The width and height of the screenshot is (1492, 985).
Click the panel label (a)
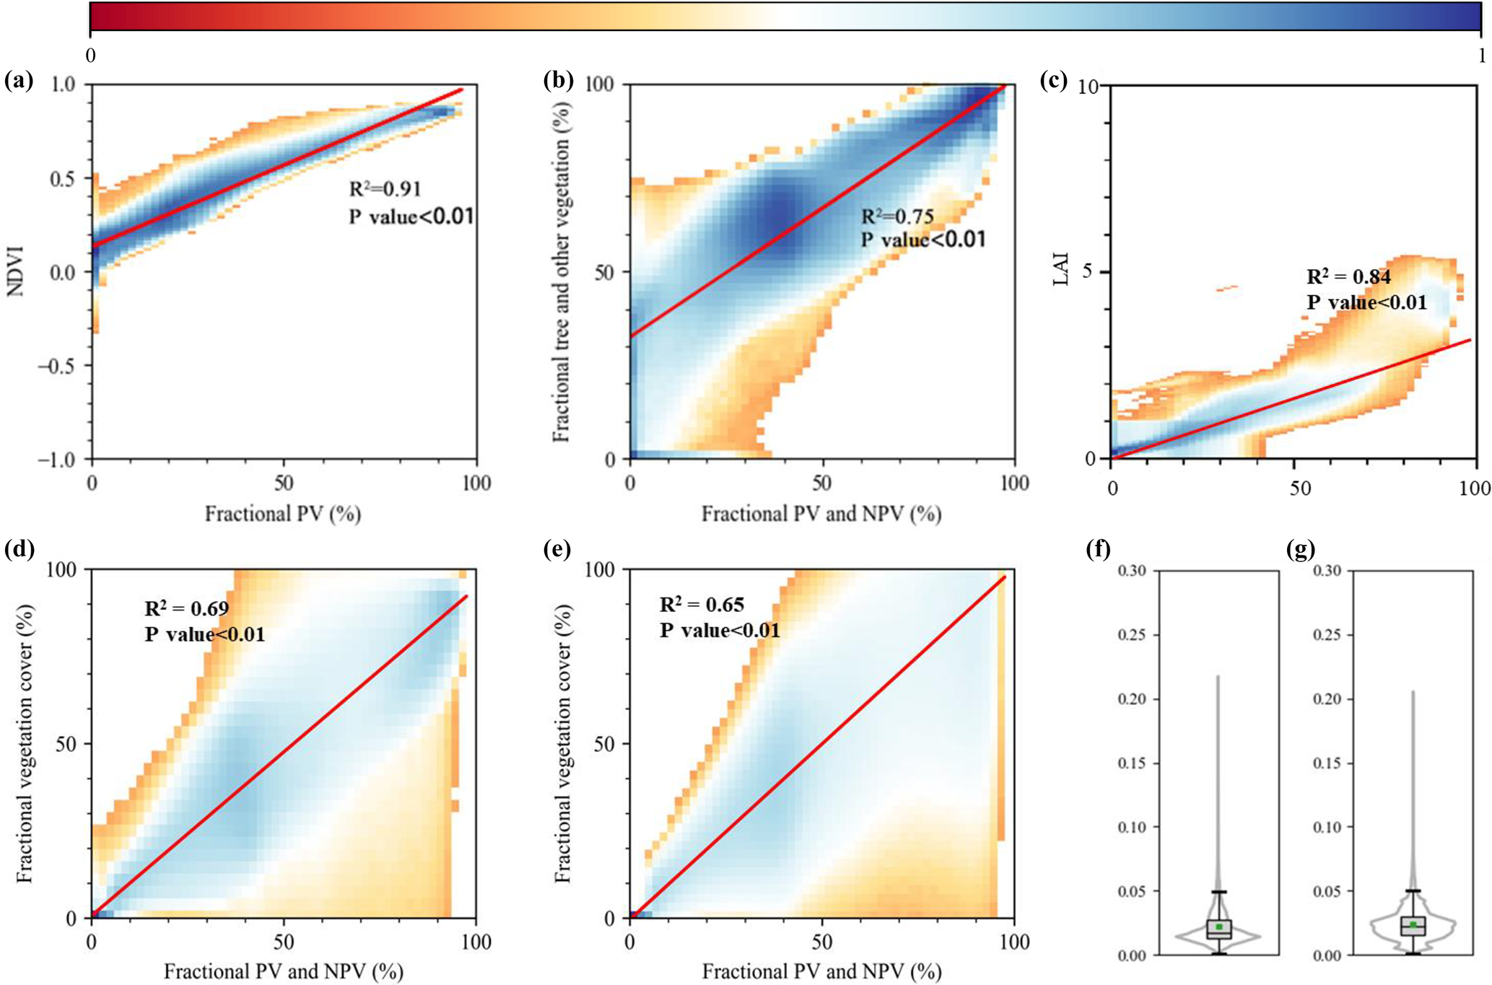tap(19, 81)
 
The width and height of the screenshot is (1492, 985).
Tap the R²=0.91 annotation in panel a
tap(385, 189)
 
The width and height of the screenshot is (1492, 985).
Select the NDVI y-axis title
tap(14, 271)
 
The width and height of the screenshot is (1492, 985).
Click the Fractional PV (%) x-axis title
tap(283, 514)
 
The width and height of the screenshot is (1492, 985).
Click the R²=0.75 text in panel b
tap(897, 216)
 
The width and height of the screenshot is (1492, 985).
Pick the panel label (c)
tap(1054, 81)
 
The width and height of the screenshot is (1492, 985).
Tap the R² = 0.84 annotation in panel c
tap(1348, 277)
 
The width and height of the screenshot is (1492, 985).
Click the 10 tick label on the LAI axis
tap(1088, 87)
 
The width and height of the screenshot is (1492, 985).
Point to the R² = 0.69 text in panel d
tap(187, 609)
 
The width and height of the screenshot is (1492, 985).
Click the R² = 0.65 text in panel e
tap(702, 605)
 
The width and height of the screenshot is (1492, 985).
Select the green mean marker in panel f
tap(1219, 927)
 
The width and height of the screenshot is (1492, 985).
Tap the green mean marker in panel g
tap(1413, 924)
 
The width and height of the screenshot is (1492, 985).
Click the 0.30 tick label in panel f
tap(1134, 571)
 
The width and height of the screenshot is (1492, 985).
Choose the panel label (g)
tap(1301, 551)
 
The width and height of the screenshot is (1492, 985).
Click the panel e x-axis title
tap(821, 972)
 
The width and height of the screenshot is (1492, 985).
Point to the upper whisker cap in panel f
tap(1219, 892)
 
